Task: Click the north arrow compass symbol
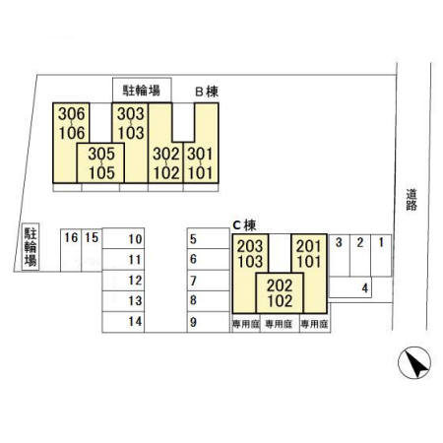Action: (x=414, y=362)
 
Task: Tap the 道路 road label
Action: (x=411, y=200)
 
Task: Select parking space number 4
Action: (x=350, y=287)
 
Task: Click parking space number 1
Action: (x=381, y=255)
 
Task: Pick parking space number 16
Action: (x=71, y=250)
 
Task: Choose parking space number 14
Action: (x=123, y=322)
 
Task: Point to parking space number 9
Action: (x=209, y=322)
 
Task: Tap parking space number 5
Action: (x=209, y=238)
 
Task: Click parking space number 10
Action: (x=123, y=238)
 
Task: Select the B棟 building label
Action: (x=207, y=92)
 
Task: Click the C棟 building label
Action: (x=244, y=225)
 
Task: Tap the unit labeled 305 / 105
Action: (x=100, y=162)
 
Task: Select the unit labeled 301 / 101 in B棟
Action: (x=201, y=163)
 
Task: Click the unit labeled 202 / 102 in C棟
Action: (x=280, y=293)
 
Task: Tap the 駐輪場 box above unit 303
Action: (x=142, y=90)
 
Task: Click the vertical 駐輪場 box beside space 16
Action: (x=31, y=247)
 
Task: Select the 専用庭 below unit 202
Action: (x=280, y=324)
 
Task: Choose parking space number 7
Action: (x=209, y=281)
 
